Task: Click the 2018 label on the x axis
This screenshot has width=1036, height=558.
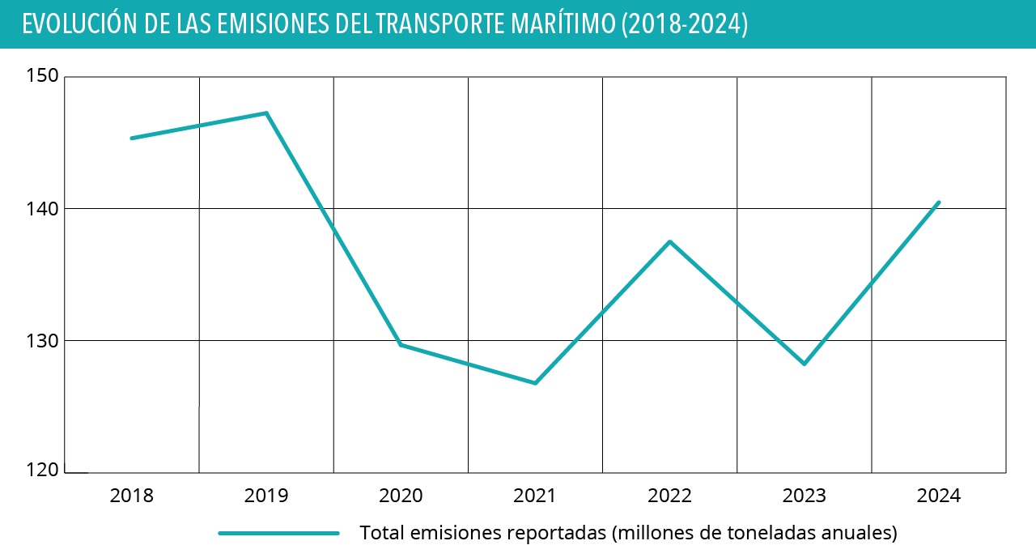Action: coord(131,496)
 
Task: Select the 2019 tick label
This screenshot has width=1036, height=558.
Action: coord(265,496)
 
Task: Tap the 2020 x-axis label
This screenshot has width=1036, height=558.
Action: coord(401,496)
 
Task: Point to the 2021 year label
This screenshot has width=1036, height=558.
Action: coord(535,496)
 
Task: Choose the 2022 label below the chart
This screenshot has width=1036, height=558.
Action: coord(669,496)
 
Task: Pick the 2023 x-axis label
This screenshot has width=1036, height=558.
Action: coord(804,496)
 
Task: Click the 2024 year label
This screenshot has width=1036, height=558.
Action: coord(938,496)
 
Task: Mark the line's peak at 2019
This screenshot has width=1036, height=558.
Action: coord(266,113)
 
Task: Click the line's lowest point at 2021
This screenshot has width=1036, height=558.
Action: coord(535,383)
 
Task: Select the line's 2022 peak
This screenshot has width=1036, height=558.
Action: coord(669,241)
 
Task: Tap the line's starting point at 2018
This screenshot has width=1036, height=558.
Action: coord(132,138)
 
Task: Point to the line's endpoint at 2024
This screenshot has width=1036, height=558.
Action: coord(938,202)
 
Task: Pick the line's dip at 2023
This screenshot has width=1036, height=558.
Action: coord(804,364)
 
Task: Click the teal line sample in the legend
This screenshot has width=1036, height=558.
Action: coord(278,533)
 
